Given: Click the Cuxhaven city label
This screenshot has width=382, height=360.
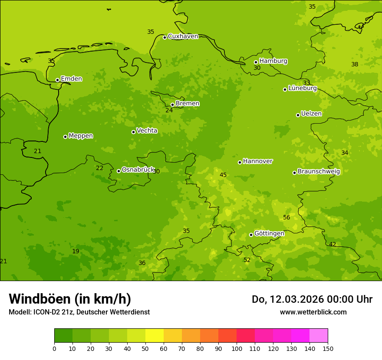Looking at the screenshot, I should pyautogui.click(x=183, y=36).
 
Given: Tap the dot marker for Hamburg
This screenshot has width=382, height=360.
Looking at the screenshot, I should pyautogui.click(x=256, y=62).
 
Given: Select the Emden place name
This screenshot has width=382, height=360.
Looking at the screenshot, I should pyautogui.click(x=71, y=79).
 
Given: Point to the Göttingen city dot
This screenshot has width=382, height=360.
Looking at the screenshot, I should pyautogui.click(x=251, y=235).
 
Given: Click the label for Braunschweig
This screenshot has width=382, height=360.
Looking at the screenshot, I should pyautogui.click(x=319, y=172).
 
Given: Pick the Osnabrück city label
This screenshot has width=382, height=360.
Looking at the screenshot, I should pyautogui.click(x=138, y=170).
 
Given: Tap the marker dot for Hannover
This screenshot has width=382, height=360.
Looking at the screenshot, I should pyautogui.click(x=240, y=162).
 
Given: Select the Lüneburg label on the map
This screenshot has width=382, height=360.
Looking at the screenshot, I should pyautogui.click(x=303, y=88).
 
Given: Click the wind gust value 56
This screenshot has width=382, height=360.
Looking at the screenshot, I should pyautogui.click(x=286, y=218).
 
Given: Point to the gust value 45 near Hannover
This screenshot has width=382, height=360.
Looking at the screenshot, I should pyautogui.click(x=223, y=175).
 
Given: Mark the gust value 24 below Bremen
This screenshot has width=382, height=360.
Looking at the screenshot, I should pyautogui.click(x=169, y=111).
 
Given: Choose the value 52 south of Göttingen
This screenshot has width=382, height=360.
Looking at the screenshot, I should pyautogui.click(x=247, y=260).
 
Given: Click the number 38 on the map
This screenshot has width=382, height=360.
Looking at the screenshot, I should pyautogui.click(x=355, y=65).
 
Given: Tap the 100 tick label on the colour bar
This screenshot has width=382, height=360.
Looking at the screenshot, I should pyautogui.click(x=237, y=348).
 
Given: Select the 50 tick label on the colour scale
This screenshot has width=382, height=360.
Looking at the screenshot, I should pyautogui.click(x=145, y=348).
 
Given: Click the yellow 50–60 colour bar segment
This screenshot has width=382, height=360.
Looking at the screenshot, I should pyautogui.click(x=155, y=336).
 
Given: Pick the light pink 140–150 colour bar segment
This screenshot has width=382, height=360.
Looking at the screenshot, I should pyautogui.click(x=319, y=336).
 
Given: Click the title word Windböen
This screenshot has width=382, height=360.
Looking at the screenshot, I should pyautogui.click(x=40, y=299).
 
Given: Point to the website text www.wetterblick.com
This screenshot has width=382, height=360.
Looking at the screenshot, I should pyautogui.click(x=313, y=312).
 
